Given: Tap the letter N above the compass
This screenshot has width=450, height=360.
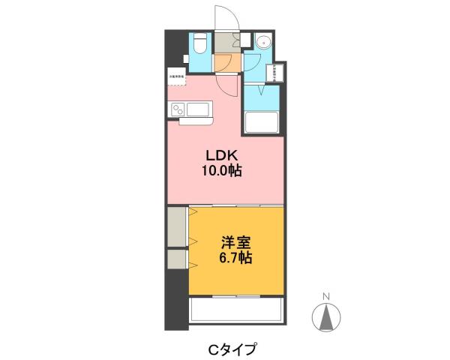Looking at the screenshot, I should (325, 296).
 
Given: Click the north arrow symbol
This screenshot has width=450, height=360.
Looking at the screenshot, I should (325, 318).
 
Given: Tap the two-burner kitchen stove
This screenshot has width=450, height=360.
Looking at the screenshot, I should (179, 110).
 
